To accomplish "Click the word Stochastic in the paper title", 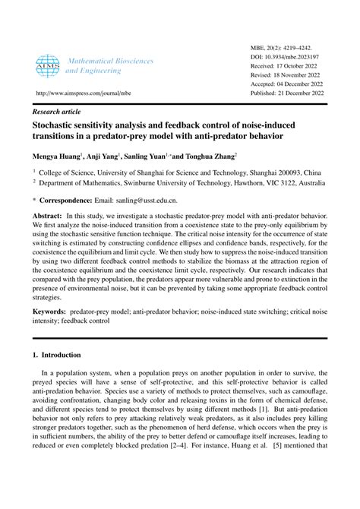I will pos(58,125).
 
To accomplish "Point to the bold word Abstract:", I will pos(50,217).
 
